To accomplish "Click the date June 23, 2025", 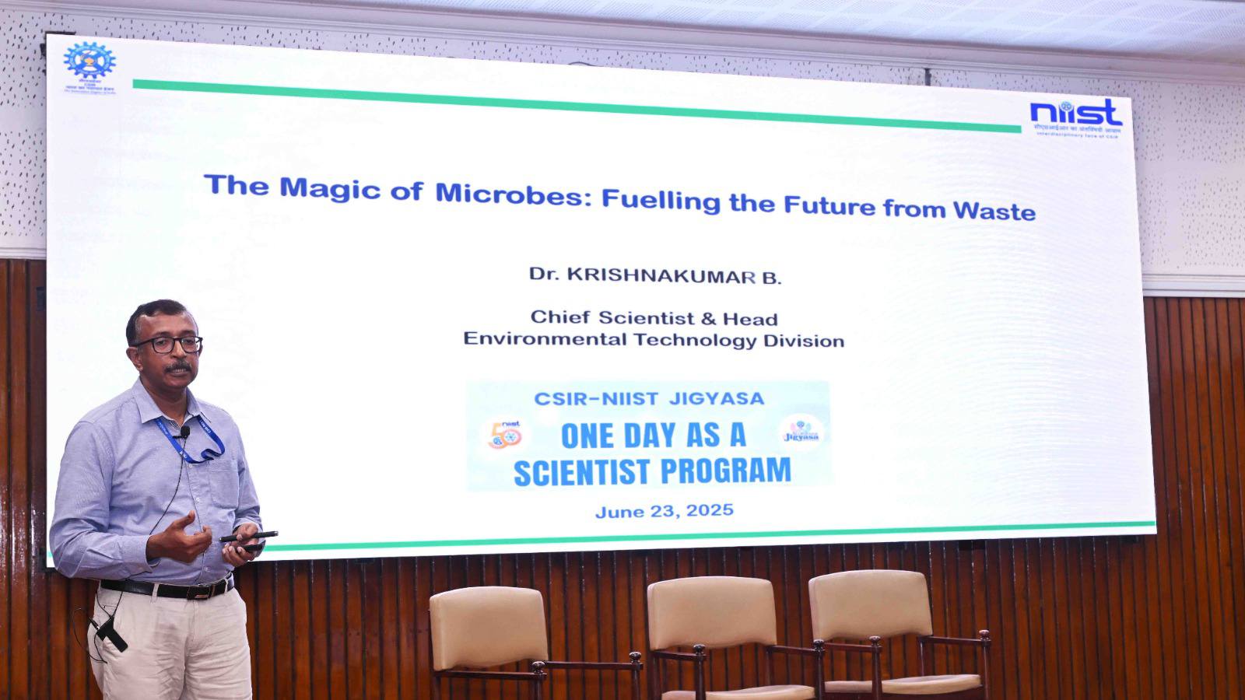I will click(x=665, y=511).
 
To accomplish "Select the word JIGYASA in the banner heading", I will click(x=716, y=399).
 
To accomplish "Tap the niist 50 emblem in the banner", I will click(x=505, y=435).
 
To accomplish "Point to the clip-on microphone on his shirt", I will click(x=184, y=431).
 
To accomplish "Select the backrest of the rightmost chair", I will click(x=869, y=607).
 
